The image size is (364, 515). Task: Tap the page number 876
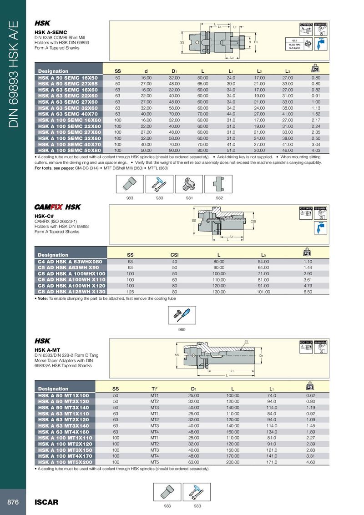(x=13, y=502)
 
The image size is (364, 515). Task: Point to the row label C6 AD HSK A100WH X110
(x=71, y=279)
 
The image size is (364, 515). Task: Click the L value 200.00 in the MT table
(x=232, y=462)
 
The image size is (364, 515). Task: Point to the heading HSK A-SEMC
(x=51, y=32)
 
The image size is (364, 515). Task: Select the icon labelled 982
(x=219, y=185)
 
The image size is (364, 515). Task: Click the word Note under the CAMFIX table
(x=43, y=298)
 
